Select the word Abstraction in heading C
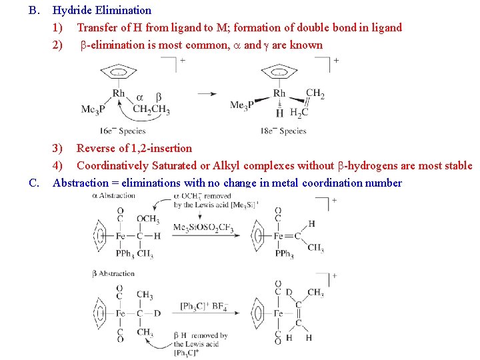[81, 183]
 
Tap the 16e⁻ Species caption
[123, 131]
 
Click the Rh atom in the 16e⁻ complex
[119, 93]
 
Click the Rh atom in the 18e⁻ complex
[279, 93]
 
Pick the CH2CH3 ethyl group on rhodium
[151, 109]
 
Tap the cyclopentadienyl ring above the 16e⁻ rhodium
[119, 71]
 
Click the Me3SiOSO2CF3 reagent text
[203, 228]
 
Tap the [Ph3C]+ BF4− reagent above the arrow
[204, 307]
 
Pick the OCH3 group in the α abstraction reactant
[147, 219]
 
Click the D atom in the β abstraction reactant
[157, 313]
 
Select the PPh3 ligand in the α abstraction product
[283, 254]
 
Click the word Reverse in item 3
[95, 148]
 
